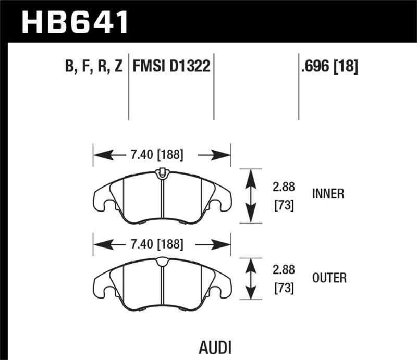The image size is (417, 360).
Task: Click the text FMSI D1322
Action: (x=171, y=67)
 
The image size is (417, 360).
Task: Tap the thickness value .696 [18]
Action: (x=329, y=67)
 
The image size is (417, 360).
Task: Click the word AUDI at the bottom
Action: (x=215, y=347)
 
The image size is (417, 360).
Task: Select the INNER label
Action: (x=328, y=194)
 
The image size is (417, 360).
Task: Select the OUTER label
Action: (x=328, y=278)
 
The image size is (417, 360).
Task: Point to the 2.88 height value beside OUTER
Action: (x=284, y=271)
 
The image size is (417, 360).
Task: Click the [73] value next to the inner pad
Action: (x=284, y=206)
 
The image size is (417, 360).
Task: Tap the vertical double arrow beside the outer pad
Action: (x=251, y=279)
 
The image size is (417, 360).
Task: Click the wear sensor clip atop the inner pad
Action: (x=162, y=171)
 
